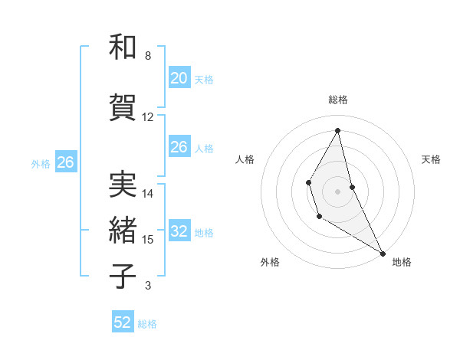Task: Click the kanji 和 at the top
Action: coord(123,47)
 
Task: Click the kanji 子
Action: coord(123,277)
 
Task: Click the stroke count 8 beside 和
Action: coord(147,56)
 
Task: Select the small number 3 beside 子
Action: coord(147,286)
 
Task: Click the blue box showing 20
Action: coord(179,78)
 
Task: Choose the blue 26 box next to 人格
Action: coord(179,147)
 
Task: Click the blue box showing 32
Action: coord(179,231)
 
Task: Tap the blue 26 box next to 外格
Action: coord(65,162)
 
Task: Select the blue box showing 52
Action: coord(123,322)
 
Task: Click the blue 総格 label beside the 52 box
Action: coord(147,324)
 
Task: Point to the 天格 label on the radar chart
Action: coord(431,159)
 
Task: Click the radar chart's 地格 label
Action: coord(402,262)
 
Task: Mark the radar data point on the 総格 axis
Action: coord(337,130)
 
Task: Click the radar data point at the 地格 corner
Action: coord(383,253)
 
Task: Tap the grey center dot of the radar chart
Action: coord(337,190)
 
